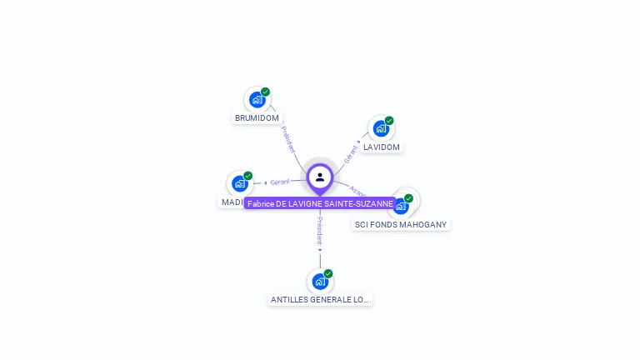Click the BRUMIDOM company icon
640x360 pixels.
click(257, 100)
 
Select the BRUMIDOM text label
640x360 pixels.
click(257, 118)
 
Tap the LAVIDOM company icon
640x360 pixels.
click(381, 128)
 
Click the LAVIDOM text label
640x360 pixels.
click(382, 147)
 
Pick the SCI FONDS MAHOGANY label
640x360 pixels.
click(401, 225)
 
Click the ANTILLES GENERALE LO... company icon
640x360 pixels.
click(320, 282)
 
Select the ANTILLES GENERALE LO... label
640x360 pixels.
click(320, 300)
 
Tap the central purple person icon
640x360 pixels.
click(320, 177)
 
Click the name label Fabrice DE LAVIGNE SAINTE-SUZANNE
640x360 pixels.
click(320, 203)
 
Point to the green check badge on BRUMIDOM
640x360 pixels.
click(265, 92)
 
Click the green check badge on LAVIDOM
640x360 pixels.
click(389, 121)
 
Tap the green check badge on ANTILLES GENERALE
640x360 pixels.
click(328, 273)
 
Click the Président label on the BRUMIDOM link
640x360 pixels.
click(287, 138)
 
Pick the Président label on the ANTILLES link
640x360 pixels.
click(320, 229)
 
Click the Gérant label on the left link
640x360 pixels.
click(280, 182)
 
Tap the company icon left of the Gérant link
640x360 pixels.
click(240, 183)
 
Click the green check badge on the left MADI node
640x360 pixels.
click(247, 176)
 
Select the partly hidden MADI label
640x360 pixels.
click(232, 202)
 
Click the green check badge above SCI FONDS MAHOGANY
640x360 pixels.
click(408, 198)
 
